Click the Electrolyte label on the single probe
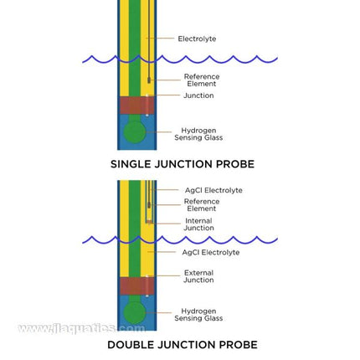pyautogui.click(x=197, y=39)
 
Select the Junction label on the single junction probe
pyautogui.click(x=198, y=95)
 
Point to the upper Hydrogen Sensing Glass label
pyautogui.click(x=198, y=134)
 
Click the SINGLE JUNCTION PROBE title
pyautogui.click(x=183, y=164)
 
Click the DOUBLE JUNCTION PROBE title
pyautogui.click(x=182, y=345)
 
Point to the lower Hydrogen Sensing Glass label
pyautogui.click(x=198, y=315)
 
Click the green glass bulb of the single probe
pyautogui.click(x=134, y=131)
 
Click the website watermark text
pyautogui.click(x=80, y=328)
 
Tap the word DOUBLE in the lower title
pyautogui.click(x=129, y=345)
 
